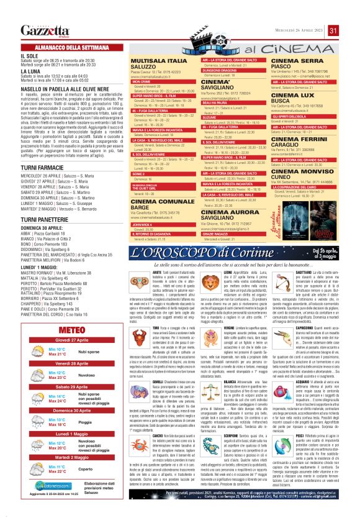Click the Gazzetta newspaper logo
(44, 31)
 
